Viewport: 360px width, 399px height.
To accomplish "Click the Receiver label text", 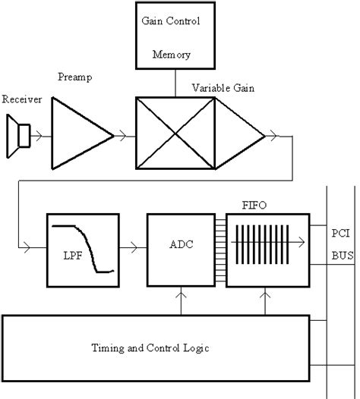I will pos(22,100).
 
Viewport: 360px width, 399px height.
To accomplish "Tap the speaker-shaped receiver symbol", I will pos(19,136).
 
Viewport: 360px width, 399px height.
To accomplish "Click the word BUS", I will pos(343,256).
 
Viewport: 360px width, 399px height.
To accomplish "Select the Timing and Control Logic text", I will pos(156,348).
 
